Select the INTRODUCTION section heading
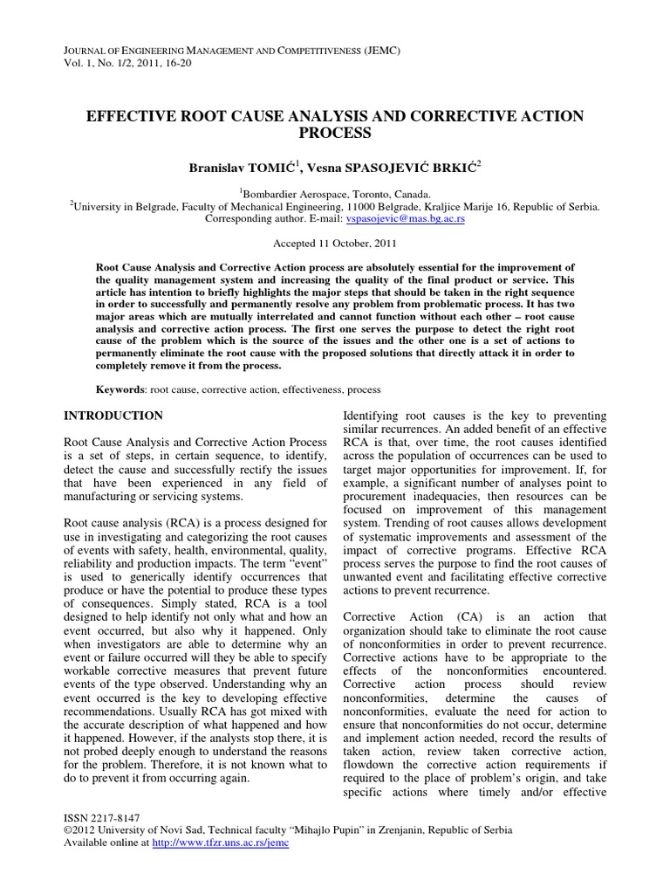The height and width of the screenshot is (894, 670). click(x=114, y=416)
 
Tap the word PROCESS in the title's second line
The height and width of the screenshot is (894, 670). click(x=334, y=134)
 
